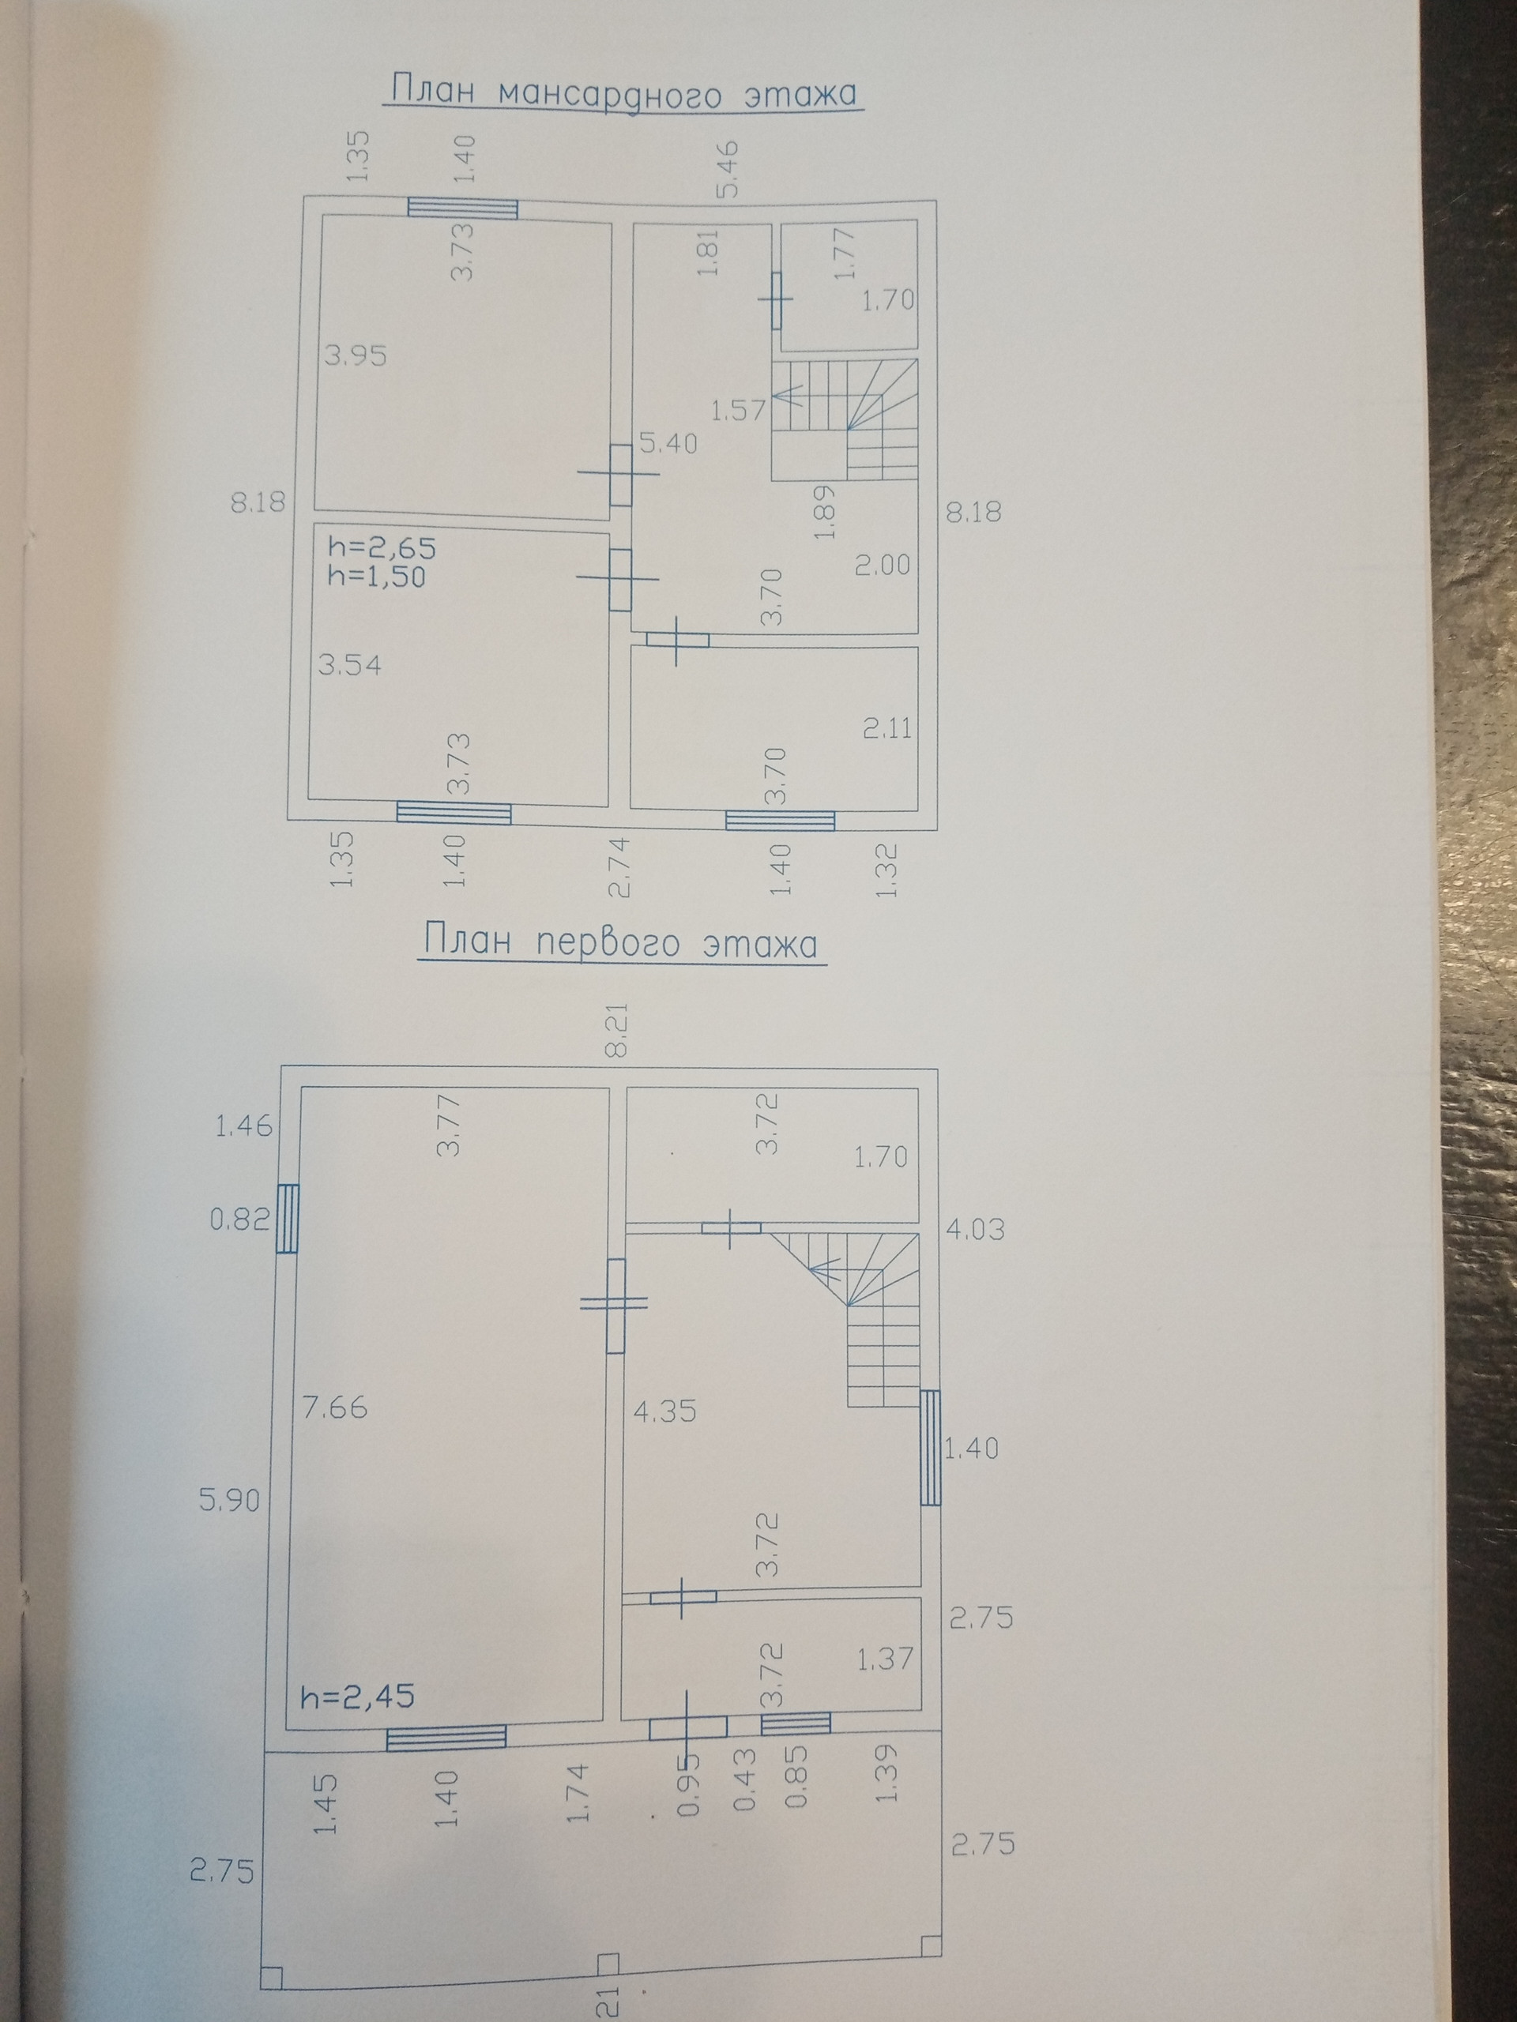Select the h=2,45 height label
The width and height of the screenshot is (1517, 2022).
tap(358, 1697)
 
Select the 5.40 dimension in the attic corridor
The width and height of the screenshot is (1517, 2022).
tap(668, 444)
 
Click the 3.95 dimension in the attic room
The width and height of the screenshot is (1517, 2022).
tap(356, 355)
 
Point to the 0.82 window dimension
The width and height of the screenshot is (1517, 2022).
tap(237, 1219)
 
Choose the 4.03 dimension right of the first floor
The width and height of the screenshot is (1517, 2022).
tap(976, 1228)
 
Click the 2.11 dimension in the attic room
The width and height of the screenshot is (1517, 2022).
tap(888, 728)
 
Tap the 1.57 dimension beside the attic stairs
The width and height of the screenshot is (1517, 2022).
tap(737, 411)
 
